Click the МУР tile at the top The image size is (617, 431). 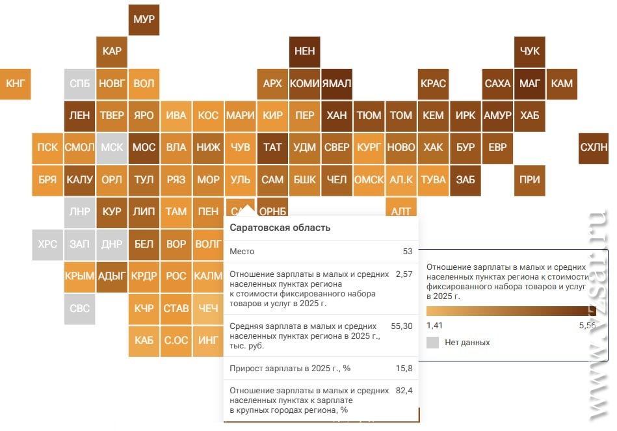pos(144,20)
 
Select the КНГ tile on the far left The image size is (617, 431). pos(15,84)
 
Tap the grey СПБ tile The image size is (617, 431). pos(80,84)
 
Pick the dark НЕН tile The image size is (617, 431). pos(304,51)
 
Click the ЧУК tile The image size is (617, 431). pos(530,51)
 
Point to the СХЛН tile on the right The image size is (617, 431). pos(593,148)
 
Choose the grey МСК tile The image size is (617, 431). pos(112,148)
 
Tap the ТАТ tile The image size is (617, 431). pos(272,148)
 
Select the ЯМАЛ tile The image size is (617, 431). pos(336,84)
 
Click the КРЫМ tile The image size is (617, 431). pos(80,276)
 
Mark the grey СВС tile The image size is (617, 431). pos(80,308)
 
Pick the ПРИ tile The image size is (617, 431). pos(530,179)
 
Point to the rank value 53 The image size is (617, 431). pos(408,251)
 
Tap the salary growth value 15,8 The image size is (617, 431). pos(404,368)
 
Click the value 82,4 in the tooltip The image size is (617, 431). pos(404,390)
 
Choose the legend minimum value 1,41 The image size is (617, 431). pos(435,325)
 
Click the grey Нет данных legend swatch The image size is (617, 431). pos(433,342)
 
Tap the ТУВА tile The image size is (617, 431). pos(433,179)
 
